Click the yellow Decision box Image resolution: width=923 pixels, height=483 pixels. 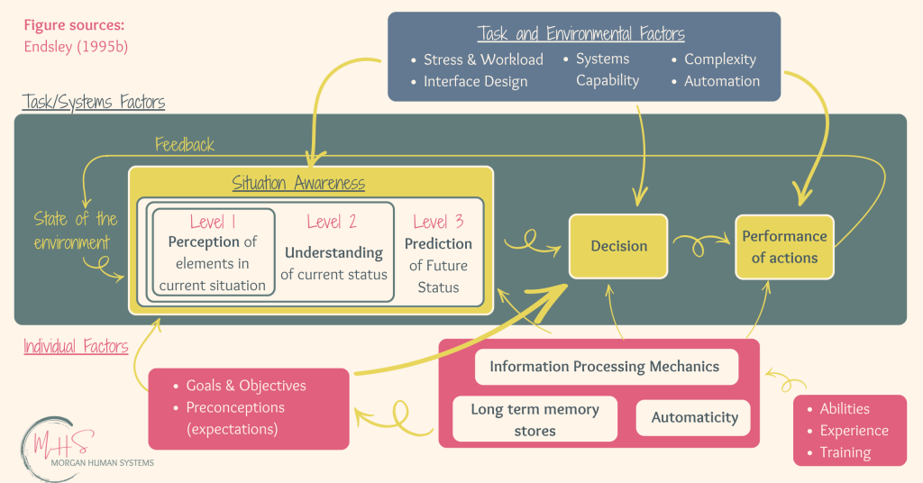pyautogui.click(x=618, y=246)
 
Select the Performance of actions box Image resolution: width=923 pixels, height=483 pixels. pyautogui.click(x=785, y=247)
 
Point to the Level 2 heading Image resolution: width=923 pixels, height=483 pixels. pyautogui.click(x=332, y=222)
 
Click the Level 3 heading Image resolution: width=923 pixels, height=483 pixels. pyautogui.click(x=438, y=222)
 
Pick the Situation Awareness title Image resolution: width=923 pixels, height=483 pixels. pyautogui.click(x=298, y=183)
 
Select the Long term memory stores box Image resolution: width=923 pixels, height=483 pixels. pyautogui.click(x=535, y=419)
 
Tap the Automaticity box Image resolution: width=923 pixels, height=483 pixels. pyautogui.click(x=693, y=418)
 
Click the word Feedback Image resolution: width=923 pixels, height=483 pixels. pyautogui.click(x=184, y=145)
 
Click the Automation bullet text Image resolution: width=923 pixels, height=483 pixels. pyautogui.click(x=722, y=81)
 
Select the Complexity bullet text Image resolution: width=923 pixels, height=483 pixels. pyautogui.click(x=720, y=59)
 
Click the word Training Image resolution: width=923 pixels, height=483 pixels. pyautogui.click(x=845, y=452)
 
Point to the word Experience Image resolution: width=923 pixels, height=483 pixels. pyautogui.click(x=854, y=431)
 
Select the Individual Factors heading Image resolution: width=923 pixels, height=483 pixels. pyautogui.click(x=76, y=346)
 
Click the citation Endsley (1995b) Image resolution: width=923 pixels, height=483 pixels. pyautogui.click(x=76, y=47)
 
